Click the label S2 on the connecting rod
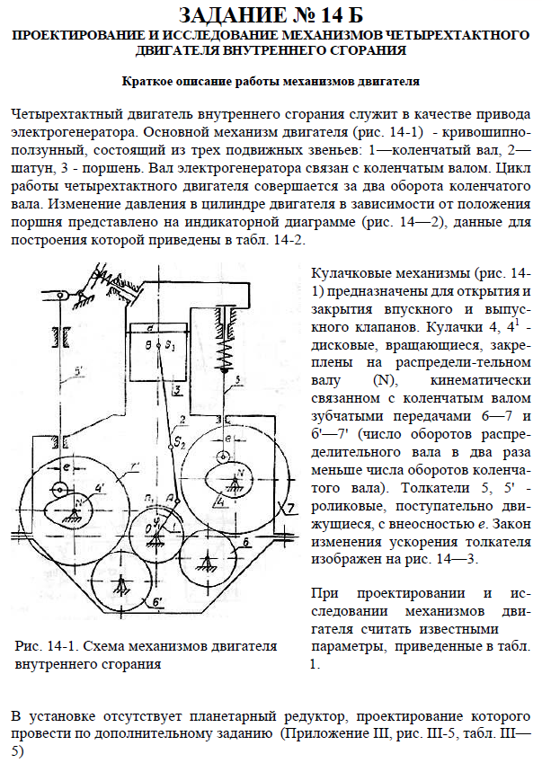coord(182,441)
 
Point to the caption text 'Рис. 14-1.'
coord(46,646)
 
